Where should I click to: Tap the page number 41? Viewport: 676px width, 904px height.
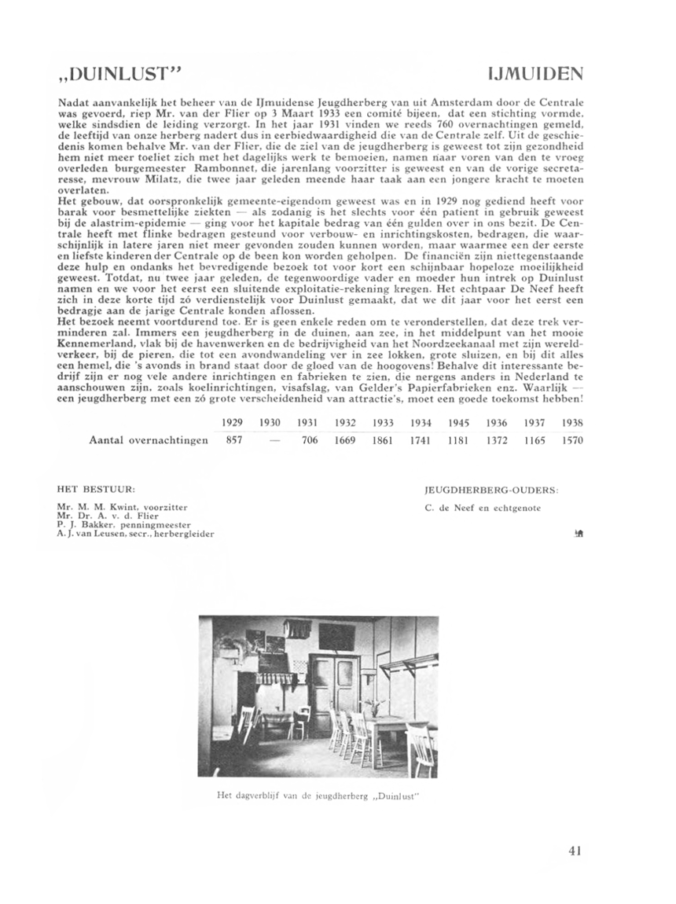tap(573, 849)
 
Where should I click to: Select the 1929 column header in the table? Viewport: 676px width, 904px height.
tap(232, 422)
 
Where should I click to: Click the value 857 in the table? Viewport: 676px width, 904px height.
tap(233, 440)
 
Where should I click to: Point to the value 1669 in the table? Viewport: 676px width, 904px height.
tap(346, 440)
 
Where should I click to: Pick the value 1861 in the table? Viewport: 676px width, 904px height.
tap(383, 440)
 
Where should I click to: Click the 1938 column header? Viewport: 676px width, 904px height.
tap(572, 422)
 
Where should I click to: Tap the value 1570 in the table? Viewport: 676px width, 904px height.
tap(572, 440)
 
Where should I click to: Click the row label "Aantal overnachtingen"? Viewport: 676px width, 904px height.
tap(149, 440)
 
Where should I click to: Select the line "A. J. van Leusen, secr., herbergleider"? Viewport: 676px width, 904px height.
tap(135, 533)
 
